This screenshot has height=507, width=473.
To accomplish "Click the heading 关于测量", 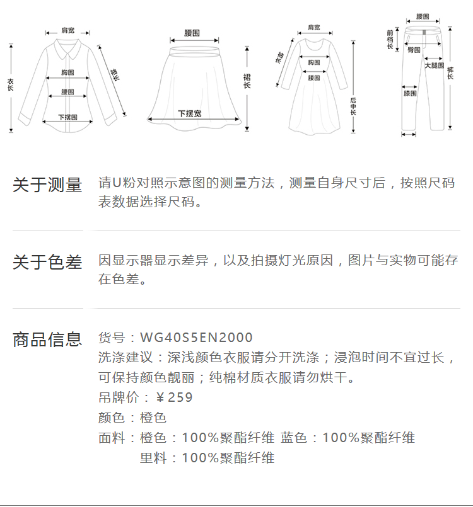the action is [x=47, y=185].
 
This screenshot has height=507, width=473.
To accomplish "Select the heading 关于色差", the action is [x=47, y=262].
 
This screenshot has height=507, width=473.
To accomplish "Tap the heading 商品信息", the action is [x=47, y=339].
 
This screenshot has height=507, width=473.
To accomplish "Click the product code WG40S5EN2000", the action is [x=196, y=338].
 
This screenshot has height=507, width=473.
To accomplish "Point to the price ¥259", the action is [x=174, y=397].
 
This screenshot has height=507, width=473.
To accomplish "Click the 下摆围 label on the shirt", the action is [x=67, y=117].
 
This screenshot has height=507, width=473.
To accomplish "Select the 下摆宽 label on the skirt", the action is [x=189, y=113].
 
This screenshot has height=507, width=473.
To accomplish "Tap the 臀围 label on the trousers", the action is [x=414, y=49].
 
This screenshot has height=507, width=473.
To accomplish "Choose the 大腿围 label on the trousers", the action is [x=433, y=66].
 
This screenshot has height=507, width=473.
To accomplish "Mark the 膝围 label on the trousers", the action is [x=410, y=93].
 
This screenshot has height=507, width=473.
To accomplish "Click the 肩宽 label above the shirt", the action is [x=67, y=30].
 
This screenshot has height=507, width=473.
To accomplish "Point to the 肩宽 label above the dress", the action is [x=313, y=28].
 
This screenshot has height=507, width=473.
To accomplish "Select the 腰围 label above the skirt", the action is [x=192, y=32].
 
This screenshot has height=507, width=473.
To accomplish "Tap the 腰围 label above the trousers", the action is [x=423, y=16].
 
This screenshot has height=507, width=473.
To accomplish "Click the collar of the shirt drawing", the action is [x=66, y=45].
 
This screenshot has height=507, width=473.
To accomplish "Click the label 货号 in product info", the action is [x=112, y=338].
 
